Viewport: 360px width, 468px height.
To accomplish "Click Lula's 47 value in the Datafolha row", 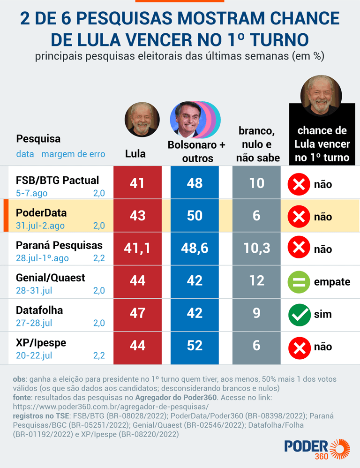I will pyautogui.click(x=137, y=313).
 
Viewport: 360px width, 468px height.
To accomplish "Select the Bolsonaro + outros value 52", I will pyautogui.click(x=195, y=346).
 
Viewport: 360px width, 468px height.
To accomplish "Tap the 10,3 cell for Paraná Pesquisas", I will pyautogui.click(x=256, y=248).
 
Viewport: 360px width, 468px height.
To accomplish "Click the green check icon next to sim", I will pyautogui.click(x=299, y=314).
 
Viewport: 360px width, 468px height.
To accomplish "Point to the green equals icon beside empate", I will pyautogui.click(x=299, y=282).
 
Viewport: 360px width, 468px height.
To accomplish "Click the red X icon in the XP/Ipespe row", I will pyautogui.click(x=299, y=347).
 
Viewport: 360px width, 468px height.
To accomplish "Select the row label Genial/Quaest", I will pyautogui.click(x=51, y=278).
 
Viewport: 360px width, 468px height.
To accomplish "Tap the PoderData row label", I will pyautogui.click(x=41, y=213).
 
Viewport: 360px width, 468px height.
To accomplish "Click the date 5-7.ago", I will pyautogui.click(x=32, y=193).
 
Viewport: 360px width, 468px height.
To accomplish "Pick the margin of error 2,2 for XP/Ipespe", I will pyautogui.click(x=99, y=355).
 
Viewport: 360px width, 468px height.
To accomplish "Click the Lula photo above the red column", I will pyautogui.click(x=139, y=119).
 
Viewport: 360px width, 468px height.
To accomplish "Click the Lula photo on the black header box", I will pyautogui.click(x=321, y=95).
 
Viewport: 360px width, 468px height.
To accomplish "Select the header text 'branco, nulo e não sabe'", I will pyautogui.click(x=257, y=144).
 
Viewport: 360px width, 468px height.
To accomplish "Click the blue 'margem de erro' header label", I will pyautogui.click(x=73, y=154).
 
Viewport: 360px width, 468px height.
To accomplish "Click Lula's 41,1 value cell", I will pyautogui.click(x=137, y=248).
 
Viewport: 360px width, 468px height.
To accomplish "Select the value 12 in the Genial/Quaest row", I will pyautogui.click(x=256, y=280).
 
